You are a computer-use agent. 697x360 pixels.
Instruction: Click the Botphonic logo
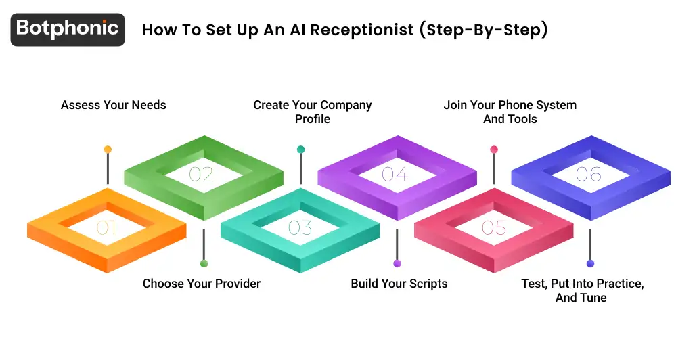[68, 29]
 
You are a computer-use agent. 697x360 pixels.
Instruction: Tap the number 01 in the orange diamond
[106, 228]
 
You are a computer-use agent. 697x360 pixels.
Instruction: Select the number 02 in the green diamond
[201, 175]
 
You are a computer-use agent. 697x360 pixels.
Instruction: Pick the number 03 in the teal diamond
[300, 228]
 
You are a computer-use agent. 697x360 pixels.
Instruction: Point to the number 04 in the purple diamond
[395, 175]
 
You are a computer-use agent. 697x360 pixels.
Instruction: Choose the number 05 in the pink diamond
[493, 228]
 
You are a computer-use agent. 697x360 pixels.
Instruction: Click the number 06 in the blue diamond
[588, 175]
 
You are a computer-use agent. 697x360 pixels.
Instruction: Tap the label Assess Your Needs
[113, 105]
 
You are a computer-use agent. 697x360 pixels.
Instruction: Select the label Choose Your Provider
[201, 284]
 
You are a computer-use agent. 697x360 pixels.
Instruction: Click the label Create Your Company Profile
[313, 112]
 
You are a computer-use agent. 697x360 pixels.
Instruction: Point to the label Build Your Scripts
[399, 284]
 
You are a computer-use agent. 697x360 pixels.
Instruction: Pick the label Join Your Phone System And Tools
[510, 112]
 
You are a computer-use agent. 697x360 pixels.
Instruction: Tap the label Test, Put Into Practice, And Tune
[582, 290]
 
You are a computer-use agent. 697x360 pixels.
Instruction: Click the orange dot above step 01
[108, 150]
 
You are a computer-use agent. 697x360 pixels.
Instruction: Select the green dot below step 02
[204, 263]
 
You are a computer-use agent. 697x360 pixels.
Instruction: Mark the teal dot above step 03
[300, 150]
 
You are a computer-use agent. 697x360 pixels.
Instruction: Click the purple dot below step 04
[397, 263]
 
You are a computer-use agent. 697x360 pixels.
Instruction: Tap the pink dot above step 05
[494, 150]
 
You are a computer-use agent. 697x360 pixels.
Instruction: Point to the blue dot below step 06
[590, 263]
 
